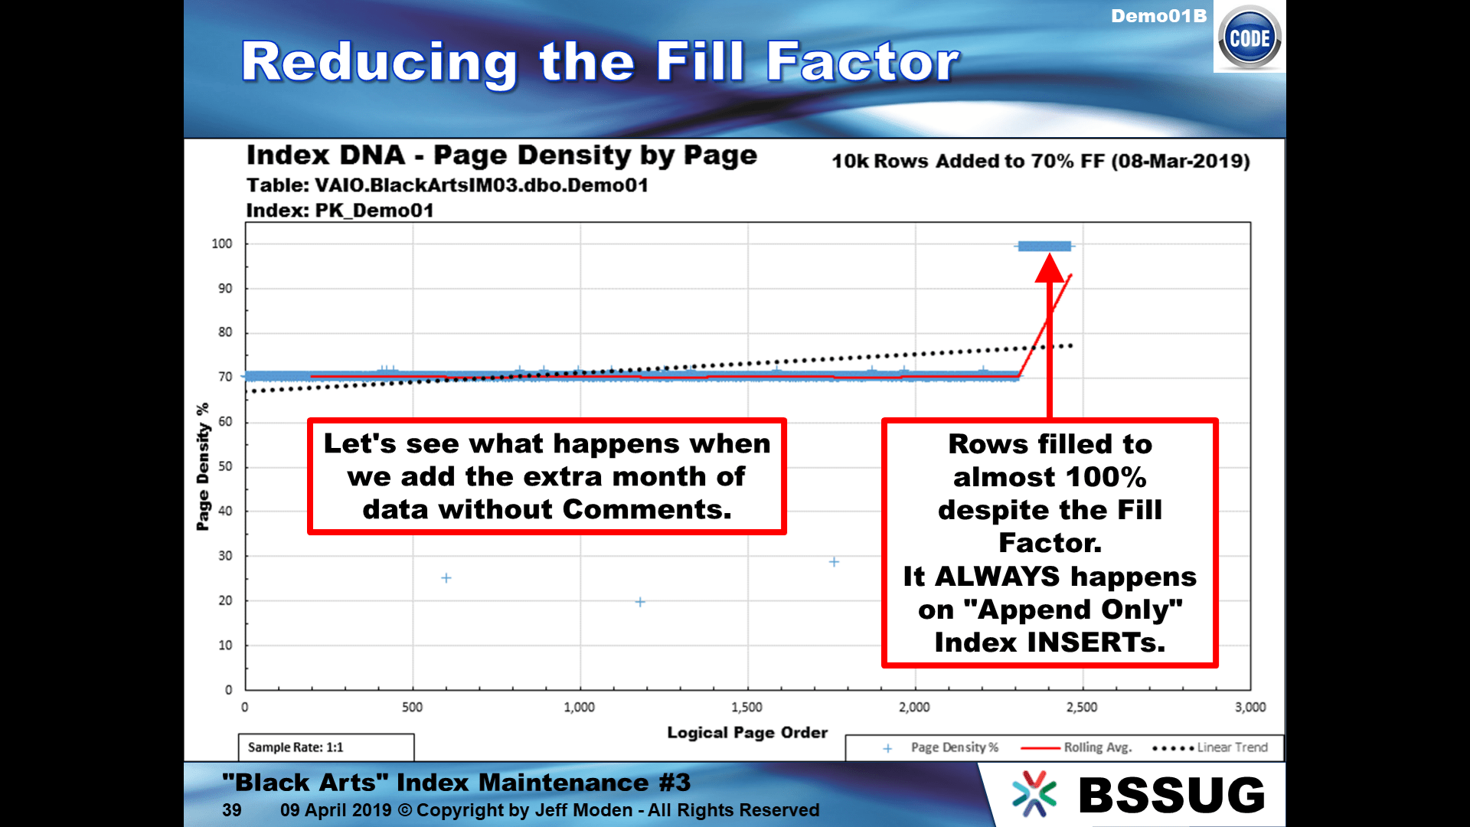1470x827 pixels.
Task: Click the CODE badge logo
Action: tap(1249, 38)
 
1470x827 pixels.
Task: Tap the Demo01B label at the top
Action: tap(1158, 16)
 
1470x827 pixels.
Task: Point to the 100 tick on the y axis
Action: tap(222, 244)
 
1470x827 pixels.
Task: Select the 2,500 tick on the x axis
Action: tap(1082, 707)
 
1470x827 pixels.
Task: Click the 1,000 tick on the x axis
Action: tap(580, 707)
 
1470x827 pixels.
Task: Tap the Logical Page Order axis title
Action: tap(747, 733)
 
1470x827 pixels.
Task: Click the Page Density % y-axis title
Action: tap(203, 467)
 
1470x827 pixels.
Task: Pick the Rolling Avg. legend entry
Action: tap(1076, 747)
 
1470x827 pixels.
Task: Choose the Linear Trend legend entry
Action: tap(1210, 747)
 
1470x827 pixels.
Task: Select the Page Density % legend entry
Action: tap(941, 747)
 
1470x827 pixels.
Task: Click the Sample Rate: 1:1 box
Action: tap(326, 747)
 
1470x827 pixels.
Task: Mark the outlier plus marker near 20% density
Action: tap(640, 602)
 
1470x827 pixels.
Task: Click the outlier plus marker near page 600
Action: tap(446, 578)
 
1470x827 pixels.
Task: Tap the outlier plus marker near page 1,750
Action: tap(835, 562)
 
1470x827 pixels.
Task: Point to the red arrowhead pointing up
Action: tap(1050, 268)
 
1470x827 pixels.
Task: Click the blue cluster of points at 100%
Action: tap(1045, 246)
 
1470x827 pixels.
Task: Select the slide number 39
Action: tap(232, 810)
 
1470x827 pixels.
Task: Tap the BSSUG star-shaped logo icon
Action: tap(1034, 793)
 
